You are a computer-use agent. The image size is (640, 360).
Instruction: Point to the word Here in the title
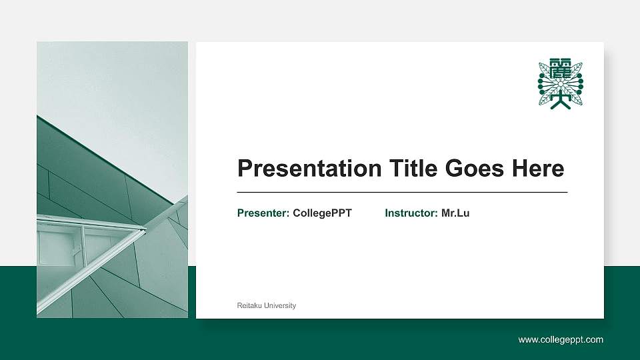tap(537, 169)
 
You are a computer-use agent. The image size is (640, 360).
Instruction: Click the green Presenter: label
tap(263, 213)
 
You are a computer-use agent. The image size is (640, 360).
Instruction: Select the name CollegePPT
tap(322, 213)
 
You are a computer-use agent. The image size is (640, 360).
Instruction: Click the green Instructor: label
tap(411, 213)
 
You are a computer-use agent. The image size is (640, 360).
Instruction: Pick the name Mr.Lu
tap(455, 213)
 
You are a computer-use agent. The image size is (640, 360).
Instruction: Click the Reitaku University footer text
tap(267, 305)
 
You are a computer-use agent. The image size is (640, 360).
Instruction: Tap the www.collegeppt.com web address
tap(561, 340)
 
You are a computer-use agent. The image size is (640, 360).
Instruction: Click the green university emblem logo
tap(561, 84)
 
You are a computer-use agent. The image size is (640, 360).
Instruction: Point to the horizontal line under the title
tap(402, 192)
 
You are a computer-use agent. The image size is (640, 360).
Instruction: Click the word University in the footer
tap(280, 305)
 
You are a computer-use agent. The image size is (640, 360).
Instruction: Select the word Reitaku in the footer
tap(249, 305)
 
